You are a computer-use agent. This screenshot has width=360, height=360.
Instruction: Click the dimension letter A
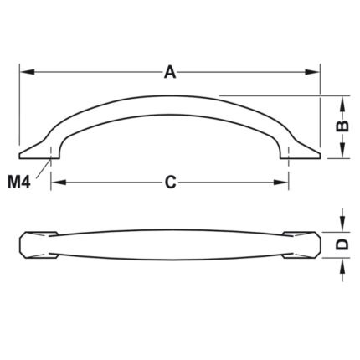point(170,72)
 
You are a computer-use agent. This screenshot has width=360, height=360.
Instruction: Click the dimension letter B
point(342,126)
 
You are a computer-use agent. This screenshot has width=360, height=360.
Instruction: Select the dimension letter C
point(170,183)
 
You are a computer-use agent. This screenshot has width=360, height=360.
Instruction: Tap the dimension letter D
point(342,244)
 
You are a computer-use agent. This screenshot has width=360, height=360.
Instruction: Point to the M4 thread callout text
point(18,183)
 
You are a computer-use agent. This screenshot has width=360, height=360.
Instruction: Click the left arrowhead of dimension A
point(28,72)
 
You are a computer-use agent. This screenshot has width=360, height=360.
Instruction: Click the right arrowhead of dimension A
point(311,72)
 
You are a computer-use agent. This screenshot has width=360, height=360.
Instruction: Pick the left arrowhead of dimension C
point(59,183)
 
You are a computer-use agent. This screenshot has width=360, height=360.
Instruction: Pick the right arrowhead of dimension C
point(280,183)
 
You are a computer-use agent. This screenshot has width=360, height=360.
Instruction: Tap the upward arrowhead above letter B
point(342,103)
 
